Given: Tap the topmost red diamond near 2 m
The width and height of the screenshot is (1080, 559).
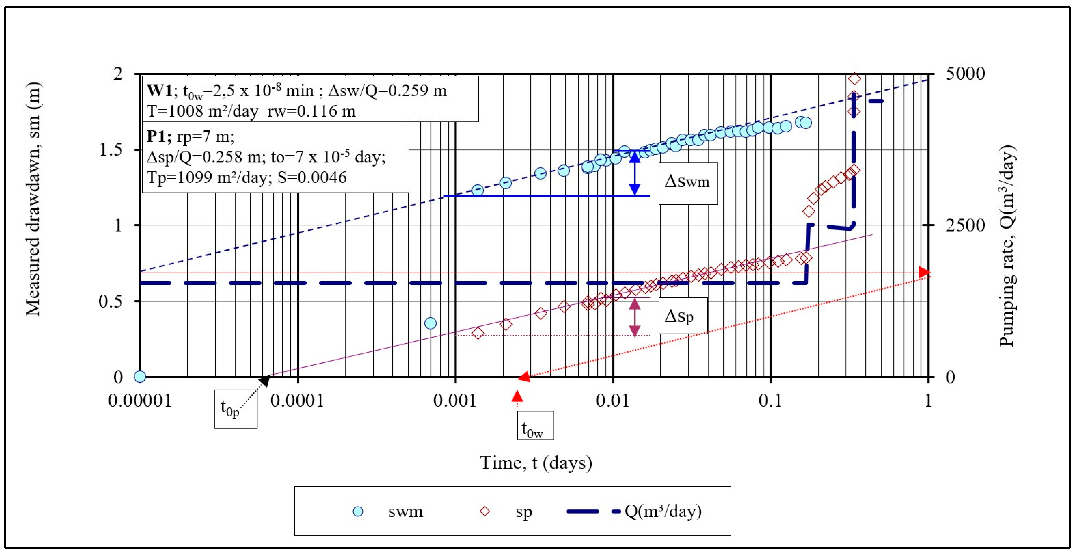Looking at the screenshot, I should (854, 79).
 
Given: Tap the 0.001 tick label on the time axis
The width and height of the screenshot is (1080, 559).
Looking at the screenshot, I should (455, 401).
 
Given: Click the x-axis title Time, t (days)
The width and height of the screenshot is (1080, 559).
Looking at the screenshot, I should (536, 463).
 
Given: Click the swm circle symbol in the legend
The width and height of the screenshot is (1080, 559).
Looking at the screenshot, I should (358, 511).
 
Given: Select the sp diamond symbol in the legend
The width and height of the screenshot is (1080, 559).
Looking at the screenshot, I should (485, 511).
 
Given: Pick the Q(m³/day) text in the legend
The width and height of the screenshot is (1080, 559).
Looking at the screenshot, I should (663, 511).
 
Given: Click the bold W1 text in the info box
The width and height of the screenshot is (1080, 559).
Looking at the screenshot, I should (159, 91).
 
